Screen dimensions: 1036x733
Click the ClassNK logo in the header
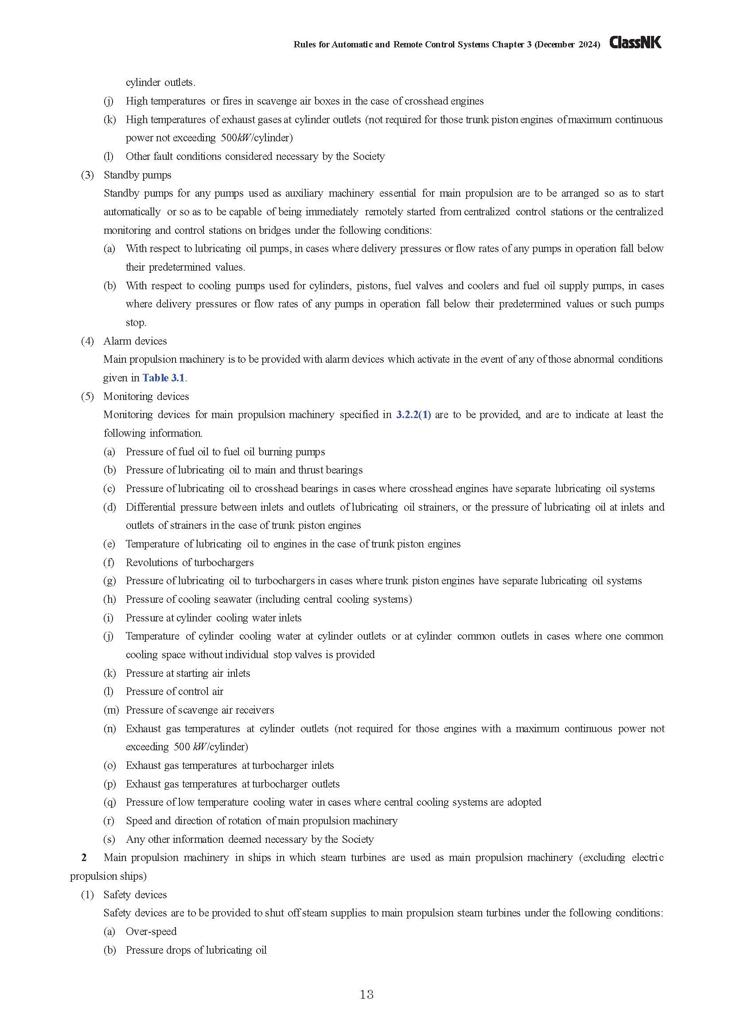click(635, 43)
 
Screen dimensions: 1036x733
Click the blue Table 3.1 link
click(164, 378)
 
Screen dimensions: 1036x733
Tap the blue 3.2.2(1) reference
click(413, 415)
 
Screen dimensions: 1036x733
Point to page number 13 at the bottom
click(366, 994)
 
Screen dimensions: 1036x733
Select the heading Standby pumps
click(137, 175)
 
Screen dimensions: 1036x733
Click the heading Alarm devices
click(135, 341)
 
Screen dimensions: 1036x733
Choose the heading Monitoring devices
click(146, 396)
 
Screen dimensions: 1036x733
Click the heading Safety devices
click(135, 894)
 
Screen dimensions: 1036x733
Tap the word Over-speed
click(151, 931)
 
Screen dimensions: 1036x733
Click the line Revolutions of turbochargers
click(190, 562)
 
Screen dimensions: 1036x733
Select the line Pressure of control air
click(174, 691)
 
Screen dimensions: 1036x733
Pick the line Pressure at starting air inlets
click(188, 673)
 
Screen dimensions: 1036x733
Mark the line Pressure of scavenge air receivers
click(199, 710)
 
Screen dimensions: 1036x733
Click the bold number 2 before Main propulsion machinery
click(84, 858)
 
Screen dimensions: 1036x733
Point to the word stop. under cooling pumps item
click(136, 322)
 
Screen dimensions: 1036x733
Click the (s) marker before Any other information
click(109, 839)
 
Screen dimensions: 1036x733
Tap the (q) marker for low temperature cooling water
click(109, 802)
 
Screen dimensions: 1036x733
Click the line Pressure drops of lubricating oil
click(196, 950)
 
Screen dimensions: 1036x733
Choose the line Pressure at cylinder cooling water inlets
click(214, 618)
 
